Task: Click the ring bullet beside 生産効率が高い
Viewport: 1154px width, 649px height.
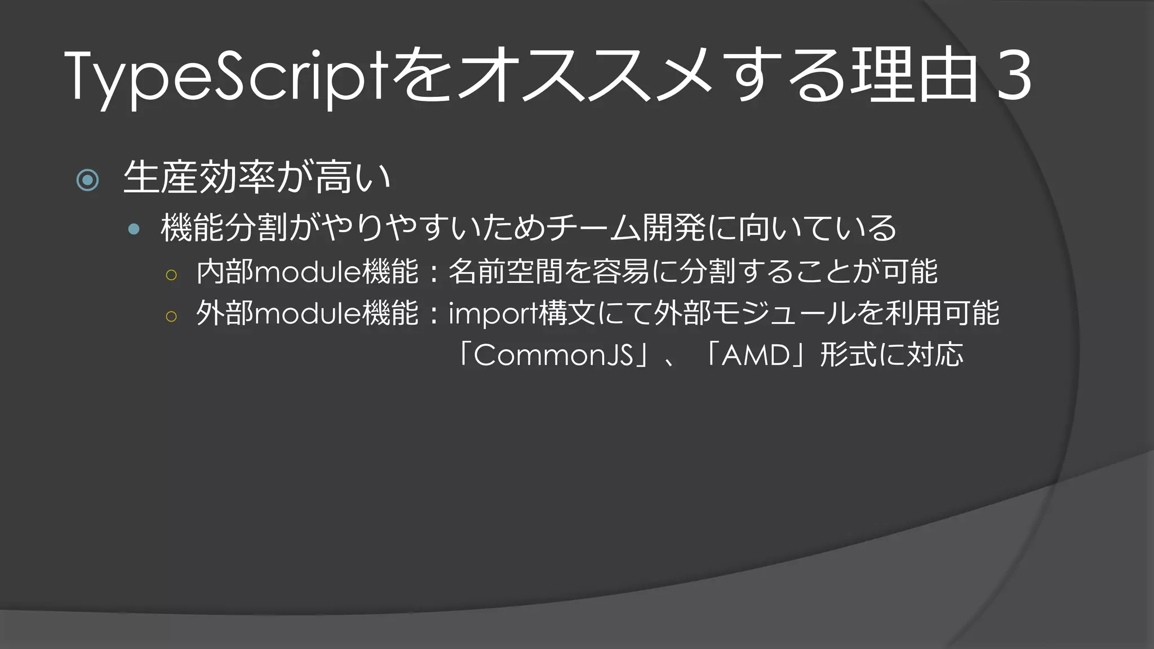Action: click(x=87, y=180)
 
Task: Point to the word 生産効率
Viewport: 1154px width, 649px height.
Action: click(x=199, y=177)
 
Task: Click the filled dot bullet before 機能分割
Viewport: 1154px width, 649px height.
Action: click(x=134, y=229)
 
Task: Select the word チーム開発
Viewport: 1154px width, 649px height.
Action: click(x=625, y=228)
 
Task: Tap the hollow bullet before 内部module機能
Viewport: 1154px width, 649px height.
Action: click(x=171, y=275)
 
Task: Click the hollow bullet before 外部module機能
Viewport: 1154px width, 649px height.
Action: click(x=171, y=316)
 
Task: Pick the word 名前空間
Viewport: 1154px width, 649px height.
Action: click(x=505, y=272)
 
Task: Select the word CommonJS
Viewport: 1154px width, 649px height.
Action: click(x=553, y=355)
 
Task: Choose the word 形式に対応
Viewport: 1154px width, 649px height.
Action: click(x=891, y=355)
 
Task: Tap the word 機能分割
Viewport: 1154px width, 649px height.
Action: click(x=224, y=228)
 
